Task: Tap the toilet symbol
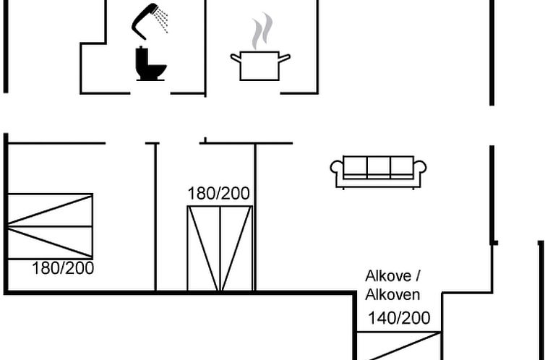click(x=150, y=64)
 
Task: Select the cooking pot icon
click(x=260, y=66)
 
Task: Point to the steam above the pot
click(x=262, y=30)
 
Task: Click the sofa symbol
click(x=378, y=172)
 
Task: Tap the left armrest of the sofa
click(x=336, y=171)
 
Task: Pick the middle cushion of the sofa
click(x=378, y=168)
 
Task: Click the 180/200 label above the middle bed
click(x=218, y=194)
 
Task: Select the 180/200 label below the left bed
click(x=63, y=268)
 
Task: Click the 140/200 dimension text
click(x=399, y=318)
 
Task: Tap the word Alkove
click(x=388, y=276)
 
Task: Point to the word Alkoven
click(x=392, y=295)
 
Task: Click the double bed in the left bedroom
click(x=50, y=226)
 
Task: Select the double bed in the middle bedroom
click(x=220, y=248)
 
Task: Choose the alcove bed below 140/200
click(x=399, y=346)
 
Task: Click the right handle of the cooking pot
click(x=284, y=58)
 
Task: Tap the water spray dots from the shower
click(x=161, y=19)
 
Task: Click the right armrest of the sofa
click(x=420, y=171)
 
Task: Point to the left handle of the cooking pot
click(x=236, y=58)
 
